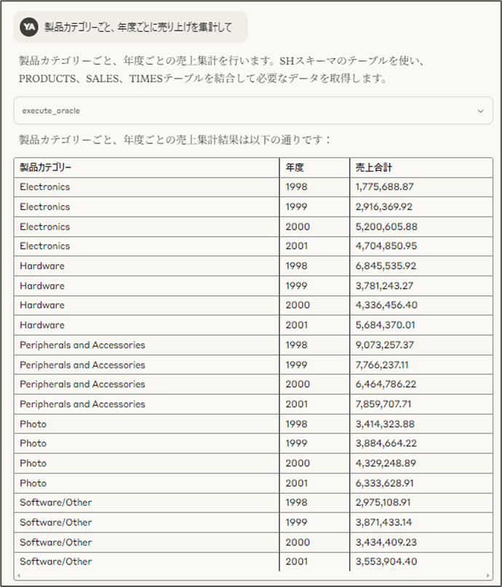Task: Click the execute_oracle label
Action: point(51,111)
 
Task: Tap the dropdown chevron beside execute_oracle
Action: point(479,111)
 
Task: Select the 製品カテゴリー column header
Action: point(46,167)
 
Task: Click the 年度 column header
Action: point(295,167)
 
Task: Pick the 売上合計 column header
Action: point(373,167)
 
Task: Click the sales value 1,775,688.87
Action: point(385,187)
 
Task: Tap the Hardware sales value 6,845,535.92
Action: point(386,266)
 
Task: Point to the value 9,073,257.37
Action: point(385,345)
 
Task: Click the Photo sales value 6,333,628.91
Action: point(386,483)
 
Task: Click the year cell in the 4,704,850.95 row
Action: point(297,246)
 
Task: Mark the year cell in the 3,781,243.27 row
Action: point(297,286)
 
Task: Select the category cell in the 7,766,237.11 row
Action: point(82,365)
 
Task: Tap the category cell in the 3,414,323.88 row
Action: point(33,424)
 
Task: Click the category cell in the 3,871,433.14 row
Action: point(56,522)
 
